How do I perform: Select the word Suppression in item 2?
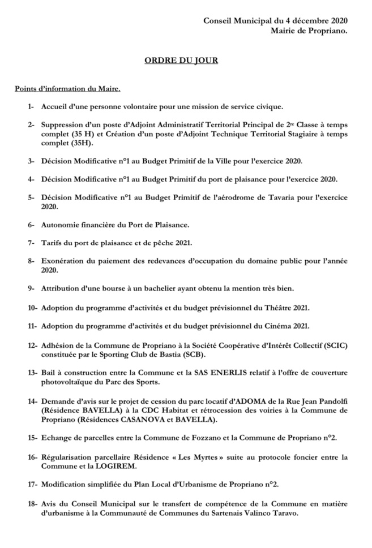pyautogui.click(x=64, y=124)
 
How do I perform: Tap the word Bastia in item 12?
pyautogui.click(x=170, y=355)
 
